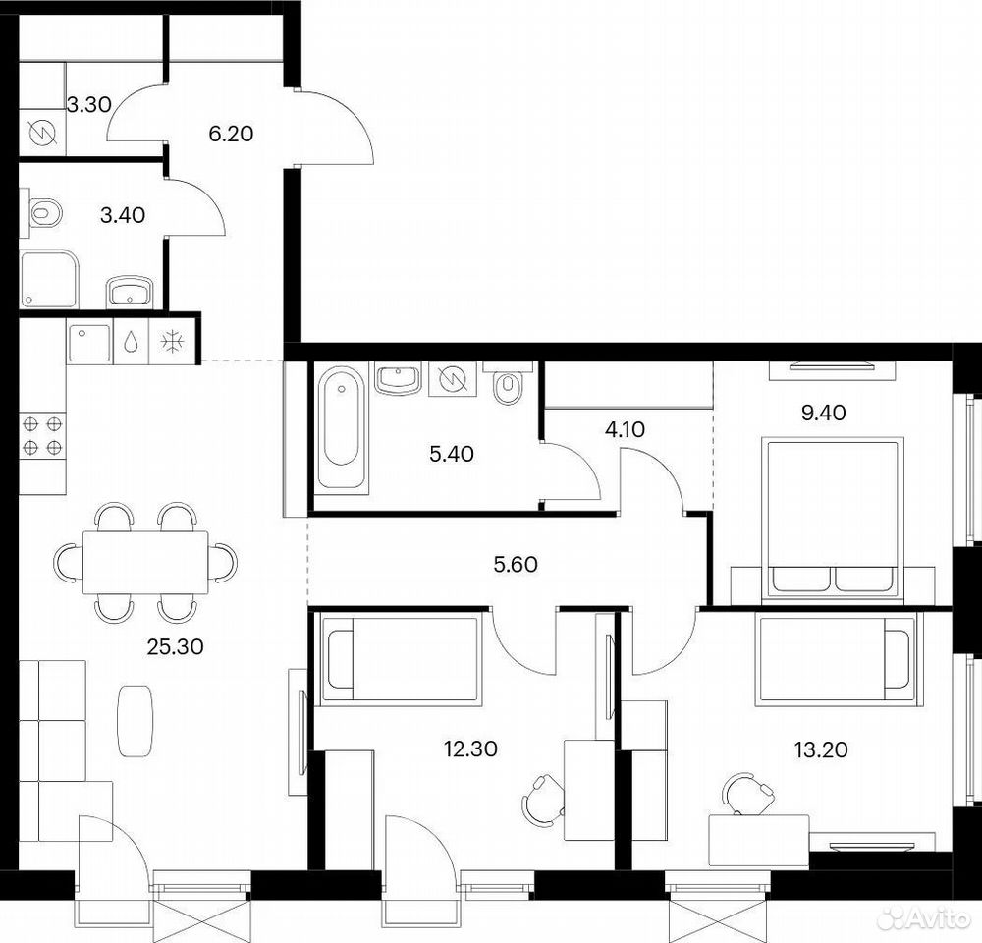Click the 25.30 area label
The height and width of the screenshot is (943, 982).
point(176,646)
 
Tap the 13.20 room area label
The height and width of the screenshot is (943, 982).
point(821,749)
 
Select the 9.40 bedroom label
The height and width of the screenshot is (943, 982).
point(824,413)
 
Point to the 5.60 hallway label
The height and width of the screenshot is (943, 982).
point(516,564)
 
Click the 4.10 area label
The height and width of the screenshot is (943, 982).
point(625,429)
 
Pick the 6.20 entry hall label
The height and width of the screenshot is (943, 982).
point(231,134)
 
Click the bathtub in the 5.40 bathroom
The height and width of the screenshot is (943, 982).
point(342,426)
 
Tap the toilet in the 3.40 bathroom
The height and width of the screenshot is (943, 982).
point(44,212)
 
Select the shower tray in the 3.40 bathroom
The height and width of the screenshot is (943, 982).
point(49,279)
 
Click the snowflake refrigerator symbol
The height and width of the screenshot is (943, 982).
point(172,342)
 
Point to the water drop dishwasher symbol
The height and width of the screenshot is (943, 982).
point(131,342)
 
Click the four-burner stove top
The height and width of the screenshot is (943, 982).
point(42,435)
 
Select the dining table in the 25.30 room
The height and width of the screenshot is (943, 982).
point(145,562)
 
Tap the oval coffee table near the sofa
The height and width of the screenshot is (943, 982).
point(136,720)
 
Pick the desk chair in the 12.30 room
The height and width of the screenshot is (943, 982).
point(542,801)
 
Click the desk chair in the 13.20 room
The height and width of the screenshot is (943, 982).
point(747,794)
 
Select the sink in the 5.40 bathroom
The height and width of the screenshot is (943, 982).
point(397,379)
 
